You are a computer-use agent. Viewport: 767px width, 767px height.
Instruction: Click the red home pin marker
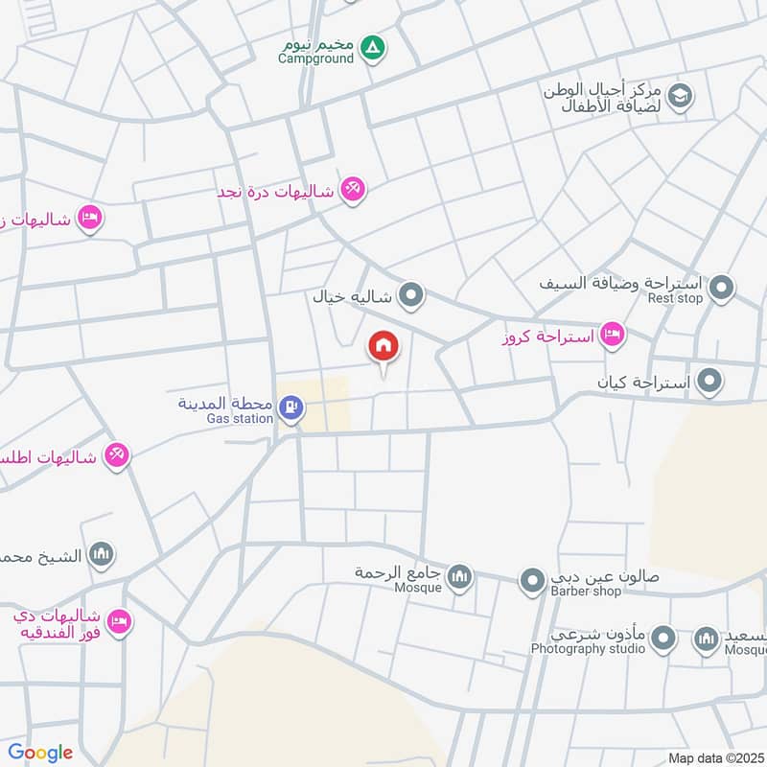(x=383, y=346)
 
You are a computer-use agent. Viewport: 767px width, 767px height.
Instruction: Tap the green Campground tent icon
(x=374, y=46)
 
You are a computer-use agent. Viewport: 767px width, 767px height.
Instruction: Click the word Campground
(x=316, y=58)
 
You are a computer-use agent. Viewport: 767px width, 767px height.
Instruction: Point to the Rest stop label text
(x=675, y=298)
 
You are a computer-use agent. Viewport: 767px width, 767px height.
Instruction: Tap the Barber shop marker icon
(x=532, y=579)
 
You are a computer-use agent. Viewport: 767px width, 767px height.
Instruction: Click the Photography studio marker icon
(x=662, y=637)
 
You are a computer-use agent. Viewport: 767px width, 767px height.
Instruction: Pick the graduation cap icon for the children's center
(x=680, y=95)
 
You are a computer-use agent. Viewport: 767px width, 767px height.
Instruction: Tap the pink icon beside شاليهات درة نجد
(x=353, y=190)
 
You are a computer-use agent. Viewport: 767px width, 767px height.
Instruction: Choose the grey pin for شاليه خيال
(x=411, y=295)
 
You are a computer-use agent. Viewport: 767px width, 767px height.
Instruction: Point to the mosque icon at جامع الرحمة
(x=461, y=575)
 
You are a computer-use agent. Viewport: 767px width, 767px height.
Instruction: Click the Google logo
(x=40, y=753)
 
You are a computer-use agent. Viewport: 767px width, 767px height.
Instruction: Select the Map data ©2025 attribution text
(x=715, y=757)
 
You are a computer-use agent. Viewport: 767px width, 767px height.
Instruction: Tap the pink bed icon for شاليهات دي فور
(x=119, y=621)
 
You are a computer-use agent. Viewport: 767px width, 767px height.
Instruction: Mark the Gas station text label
(x=240, y=419)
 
